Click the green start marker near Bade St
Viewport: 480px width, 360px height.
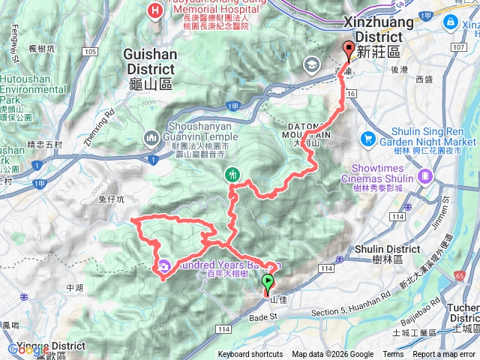tap(267, 283)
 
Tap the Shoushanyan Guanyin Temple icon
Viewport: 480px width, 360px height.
tap(151, 137)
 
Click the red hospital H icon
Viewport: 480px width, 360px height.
tap(155, 10)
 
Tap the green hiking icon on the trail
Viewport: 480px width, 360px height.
tap(232, 175)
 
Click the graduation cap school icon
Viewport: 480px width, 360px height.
tap(310, 67)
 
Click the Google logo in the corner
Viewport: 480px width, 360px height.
tap(22, 349)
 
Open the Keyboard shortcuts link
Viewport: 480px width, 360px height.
tap(250, 355)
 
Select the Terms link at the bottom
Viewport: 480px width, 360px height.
tap(392, 355)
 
